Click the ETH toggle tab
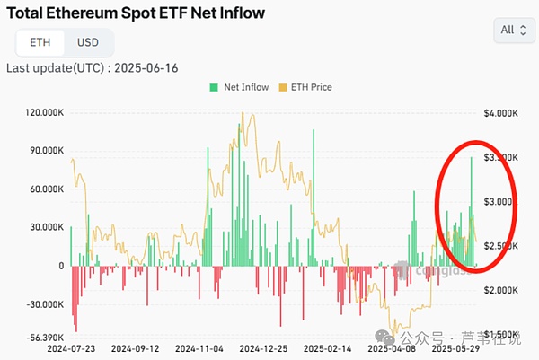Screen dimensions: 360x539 coord(40,42)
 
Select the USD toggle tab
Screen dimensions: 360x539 coord(88,42)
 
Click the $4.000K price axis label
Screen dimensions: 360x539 coord(500,113)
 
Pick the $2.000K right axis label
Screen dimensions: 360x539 coord(500,290)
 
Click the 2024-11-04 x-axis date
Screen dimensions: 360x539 coord(199,348)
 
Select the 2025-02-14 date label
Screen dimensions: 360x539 coord(328,348)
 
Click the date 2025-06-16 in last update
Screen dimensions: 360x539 coord(155,67)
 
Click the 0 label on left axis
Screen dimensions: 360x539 coord(61,266)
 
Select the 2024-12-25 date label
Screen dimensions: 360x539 coord(264,348)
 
